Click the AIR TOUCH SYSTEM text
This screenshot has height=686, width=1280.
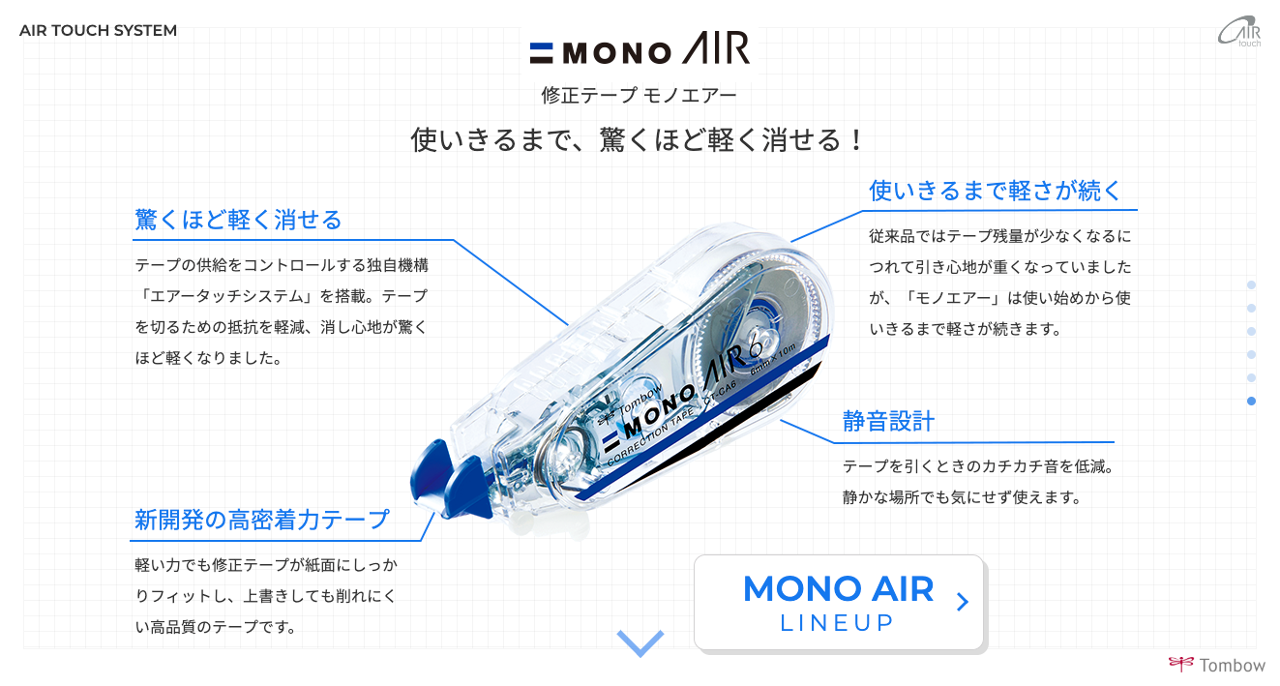pyautogui.click(x=99, y=30)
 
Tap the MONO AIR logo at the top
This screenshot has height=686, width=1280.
pyautogui.click(x=640, y=48)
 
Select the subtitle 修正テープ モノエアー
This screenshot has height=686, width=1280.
pyautogui.click(x=639, y=95)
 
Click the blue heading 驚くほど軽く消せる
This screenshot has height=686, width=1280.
pyautogui.click(x=238, y=220)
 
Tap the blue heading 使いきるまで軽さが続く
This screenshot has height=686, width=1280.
pyautogui.click(x=995, y=191)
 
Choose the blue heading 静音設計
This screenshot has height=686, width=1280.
pyautogui.click(x=888, y=422)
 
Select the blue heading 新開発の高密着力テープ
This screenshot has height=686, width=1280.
pyautogui.click(x=262, y=521)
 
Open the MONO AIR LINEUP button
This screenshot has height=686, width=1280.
pyautogui.click(x=839, y=602)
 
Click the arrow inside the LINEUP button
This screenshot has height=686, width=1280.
pyautogui.click(x=963, y=602)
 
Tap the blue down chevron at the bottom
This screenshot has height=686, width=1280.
pyautogui.click(x=640, y=643)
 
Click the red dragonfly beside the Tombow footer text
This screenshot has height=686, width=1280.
pyautogui.click(x=1181, y=664)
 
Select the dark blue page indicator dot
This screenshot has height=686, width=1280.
pyautogui.click(x=1251, y=402)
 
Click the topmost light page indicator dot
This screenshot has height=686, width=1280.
pyautogui.click(x=1251, y=284)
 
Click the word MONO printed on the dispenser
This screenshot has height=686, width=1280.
pyautogui.click(x=657, y=413)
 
